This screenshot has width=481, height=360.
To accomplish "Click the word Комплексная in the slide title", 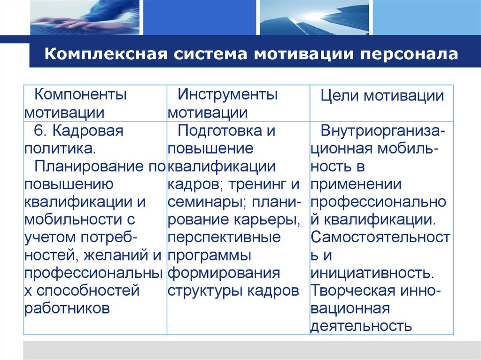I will pyautogui.click(x=101, y=54).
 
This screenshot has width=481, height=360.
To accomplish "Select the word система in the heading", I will pyautogui.click(x=208, y=54).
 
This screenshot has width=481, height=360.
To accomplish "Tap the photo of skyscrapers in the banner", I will pyautogui.click(x=313, y=17).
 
